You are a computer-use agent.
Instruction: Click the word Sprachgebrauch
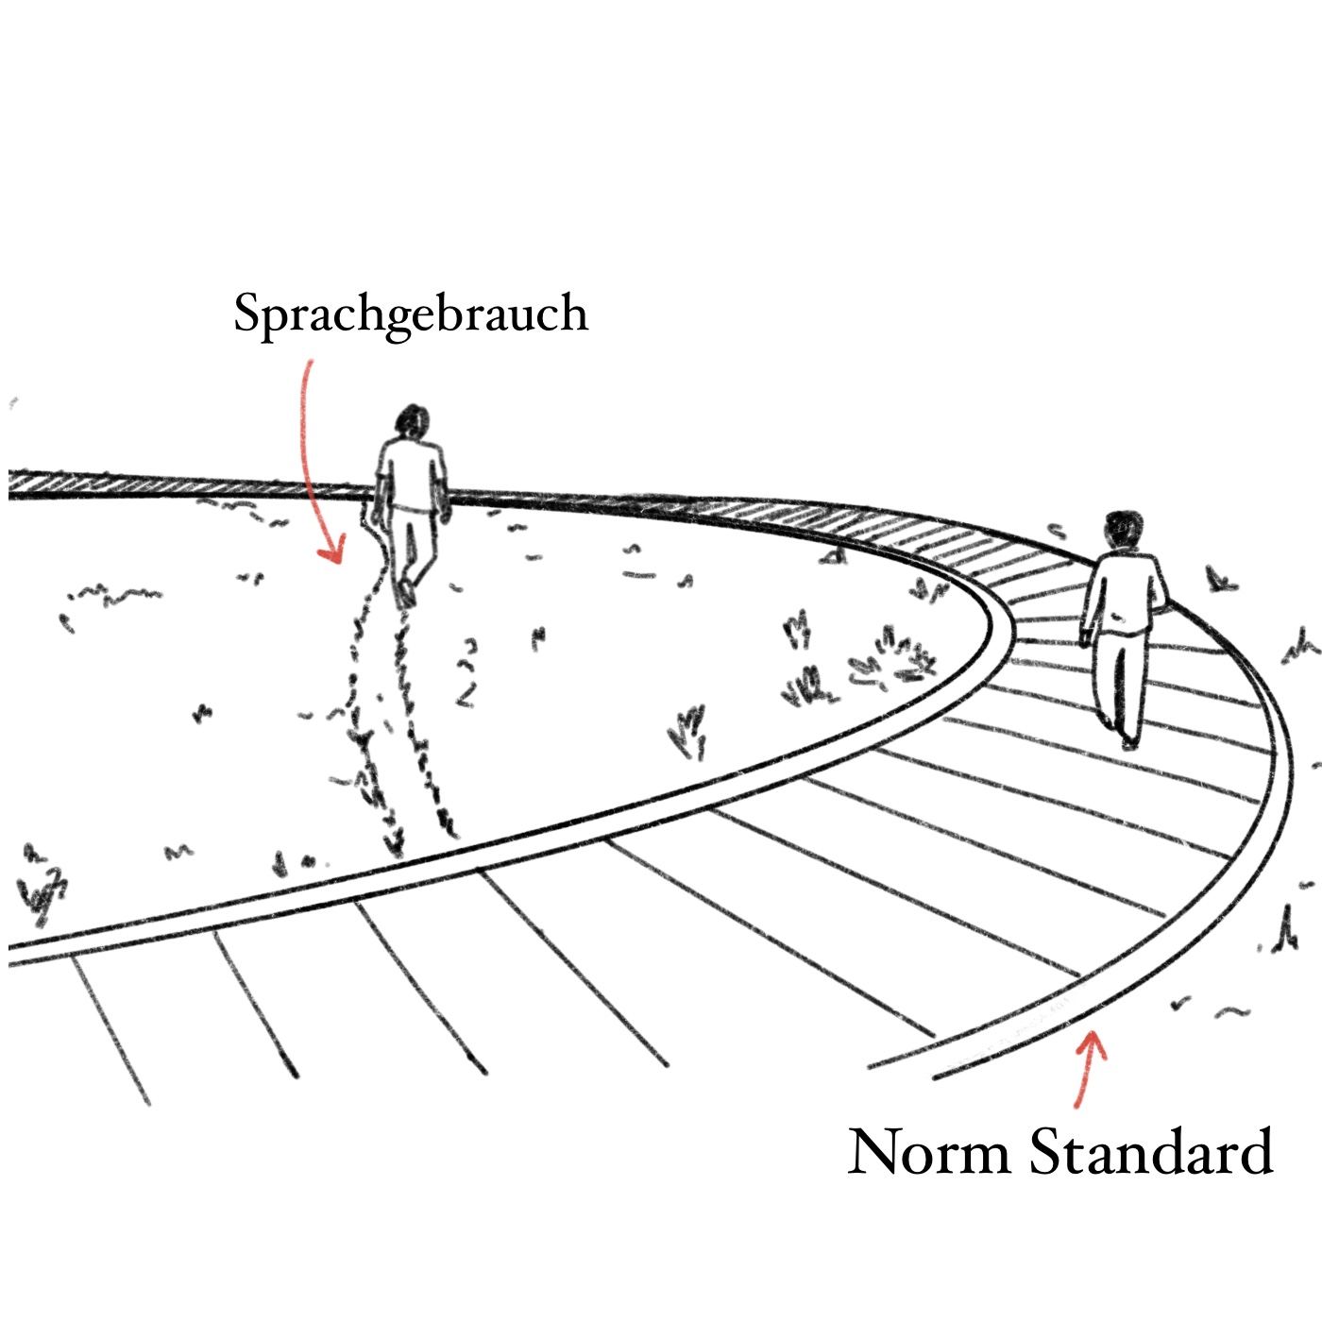(x=411, y=314)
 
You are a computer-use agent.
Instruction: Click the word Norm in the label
(x=928, y=1152)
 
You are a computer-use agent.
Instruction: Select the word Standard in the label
(x=1151, y=1152)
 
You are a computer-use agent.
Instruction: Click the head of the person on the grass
(x=413, y=422)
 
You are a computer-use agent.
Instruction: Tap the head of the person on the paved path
(x=1124, y=530)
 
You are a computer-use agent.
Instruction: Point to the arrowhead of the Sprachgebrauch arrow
(x=330, y=552)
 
